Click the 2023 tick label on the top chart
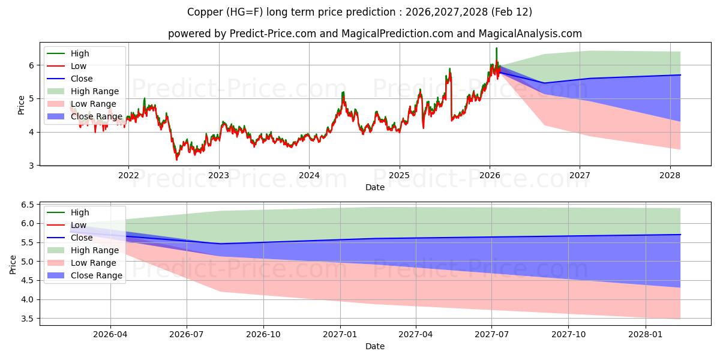tap(218, 175)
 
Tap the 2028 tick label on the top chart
tap(670, 175)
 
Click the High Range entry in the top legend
tap(95, 91)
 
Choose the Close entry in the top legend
tap(82, 79)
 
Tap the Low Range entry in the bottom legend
tap(93, 263)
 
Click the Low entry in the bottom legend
tap(79, 225)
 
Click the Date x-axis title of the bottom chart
tap(374, 346)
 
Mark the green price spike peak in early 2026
tap(496, 48)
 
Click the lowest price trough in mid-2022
tap(176, 160)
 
